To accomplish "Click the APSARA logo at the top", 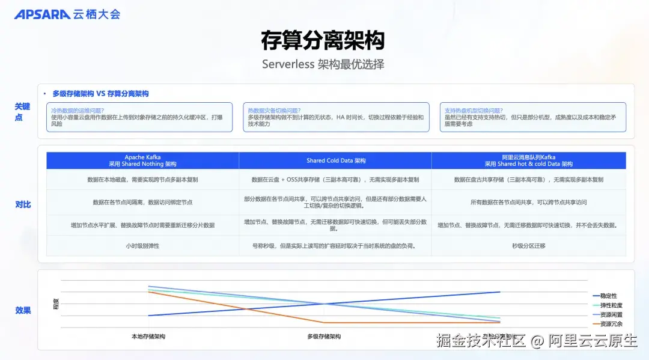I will click(x=67, y=14).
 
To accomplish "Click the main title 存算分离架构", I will click(x=323, y=40).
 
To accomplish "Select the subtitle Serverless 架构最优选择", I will click(x=323, y=64).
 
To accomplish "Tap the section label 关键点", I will click(x=22, y=111).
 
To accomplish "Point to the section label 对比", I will click(x=23, y=204).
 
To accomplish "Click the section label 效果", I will click(x=23, y=310).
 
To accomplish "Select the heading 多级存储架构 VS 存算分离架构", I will click(x=100, y=94).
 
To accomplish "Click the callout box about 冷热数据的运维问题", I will click(x=139, y=117).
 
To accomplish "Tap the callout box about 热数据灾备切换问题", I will click(x=336, y=117).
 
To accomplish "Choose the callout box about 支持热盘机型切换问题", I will click(x=532, y=117).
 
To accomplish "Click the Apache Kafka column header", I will click(x=142, y=160).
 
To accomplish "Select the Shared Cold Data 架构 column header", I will click(x=335, y=160).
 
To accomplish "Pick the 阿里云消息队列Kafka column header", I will click(x=529, y=160).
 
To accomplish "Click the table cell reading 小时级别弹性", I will click(x=142, y=246).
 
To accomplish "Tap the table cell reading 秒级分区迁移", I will click(x=529, y=246).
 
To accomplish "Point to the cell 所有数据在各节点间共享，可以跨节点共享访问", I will click(x=529, y=203).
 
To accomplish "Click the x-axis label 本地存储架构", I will click(x=148, y=337).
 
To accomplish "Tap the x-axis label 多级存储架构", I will click(x=324, y=337).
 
